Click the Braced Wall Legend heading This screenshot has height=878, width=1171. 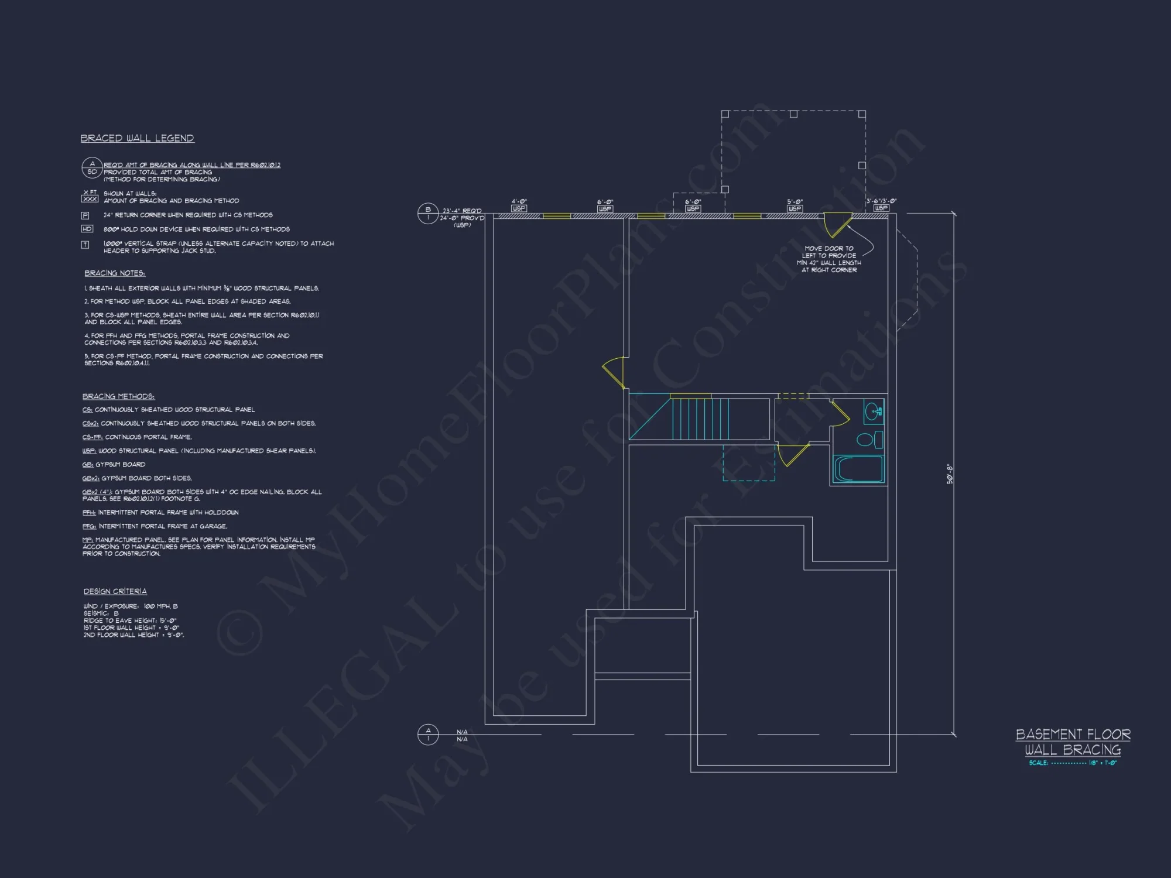(x=137, y=138)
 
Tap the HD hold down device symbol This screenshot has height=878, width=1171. (x=87, y=229)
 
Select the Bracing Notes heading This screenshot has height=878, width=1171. (x=115, y=273)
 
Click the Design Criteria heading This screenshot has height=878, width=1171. (x=115, y=591)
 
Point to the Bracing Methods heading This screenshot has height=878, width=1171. (x=118, y=396)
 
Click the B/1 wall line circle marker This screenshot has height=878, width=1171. (x=427, y=214)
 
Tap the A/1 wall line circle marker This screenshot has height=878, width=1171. (x=427, y=734)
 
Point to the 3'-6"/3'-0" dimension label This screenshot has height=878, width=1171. (x=881, y=201)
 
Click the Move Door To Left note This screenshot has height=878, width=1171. (x=828, y=259)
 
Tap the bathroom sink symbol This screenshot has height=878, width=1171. (x=872, y=411)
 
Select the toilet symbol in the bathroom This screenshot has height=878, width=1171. (x=869, y=439)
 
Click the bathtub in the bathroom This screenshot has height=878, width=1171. (x=859, y=469)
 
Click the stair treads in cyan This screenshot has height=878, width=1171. (x=700, y=419)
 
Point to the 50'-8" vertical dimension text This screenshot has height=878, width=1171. (x=950, y=474)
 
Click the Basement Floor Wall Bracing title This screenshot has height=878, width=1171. (x=1073, y=742)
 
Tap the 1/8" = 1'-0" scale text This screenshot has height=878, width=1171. (x=1102, y=763)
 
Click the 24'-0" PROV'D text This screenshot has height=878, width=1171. (x=462, y=218)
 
